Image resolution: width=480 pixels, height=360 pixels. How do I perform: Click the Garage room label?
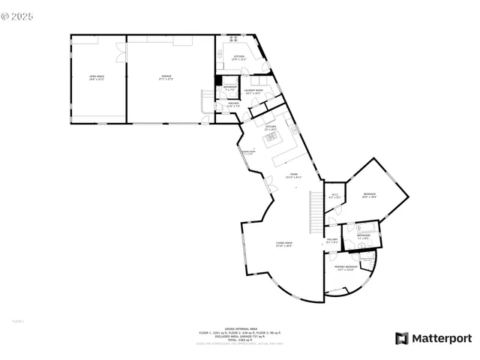[x=167, y=76]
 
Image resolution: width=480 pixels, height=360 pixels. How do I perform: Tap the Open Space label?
[x=97, y=76]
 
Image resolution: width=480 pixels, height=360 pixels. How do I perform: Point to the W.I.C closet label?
[x=335, y=196]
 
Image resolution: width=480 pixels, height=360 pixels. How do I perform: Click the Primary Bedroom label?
[x=344, y=268]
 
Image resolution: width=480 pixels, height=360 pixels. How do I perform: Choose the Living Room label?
[x=283, y=244]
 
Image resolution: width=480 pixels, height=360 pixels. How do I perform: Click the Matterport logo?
[x=433, y=338]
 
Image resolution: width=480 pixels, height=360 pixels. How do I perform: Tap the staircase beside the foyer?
[x=315, y=211]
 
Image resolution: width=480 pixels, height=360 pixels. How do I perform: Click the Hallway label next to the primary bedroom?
[x=332, y=241]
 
